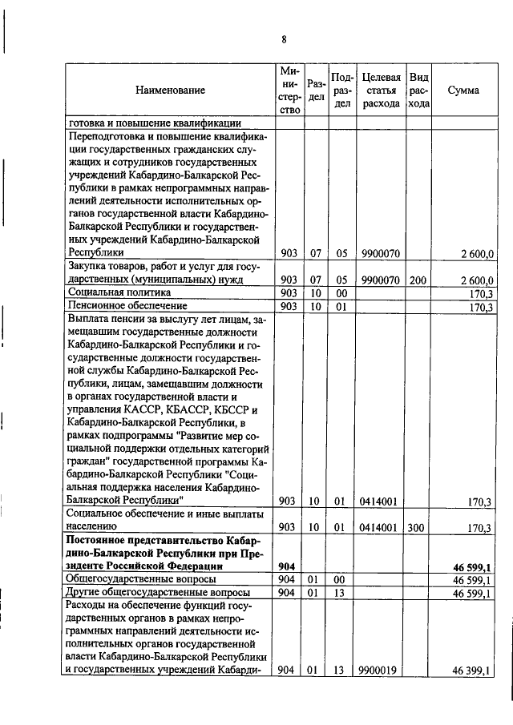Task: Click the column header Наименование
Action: (x=170, y=91)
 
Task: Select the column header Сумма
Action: (x=463, y=91)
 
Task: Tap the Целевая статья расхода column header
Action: (x=381, y=91)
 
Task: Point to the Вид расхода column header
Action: (x=418, y=91)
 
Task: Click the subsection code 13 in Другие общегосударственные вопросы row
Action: (x=340, y=593)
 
